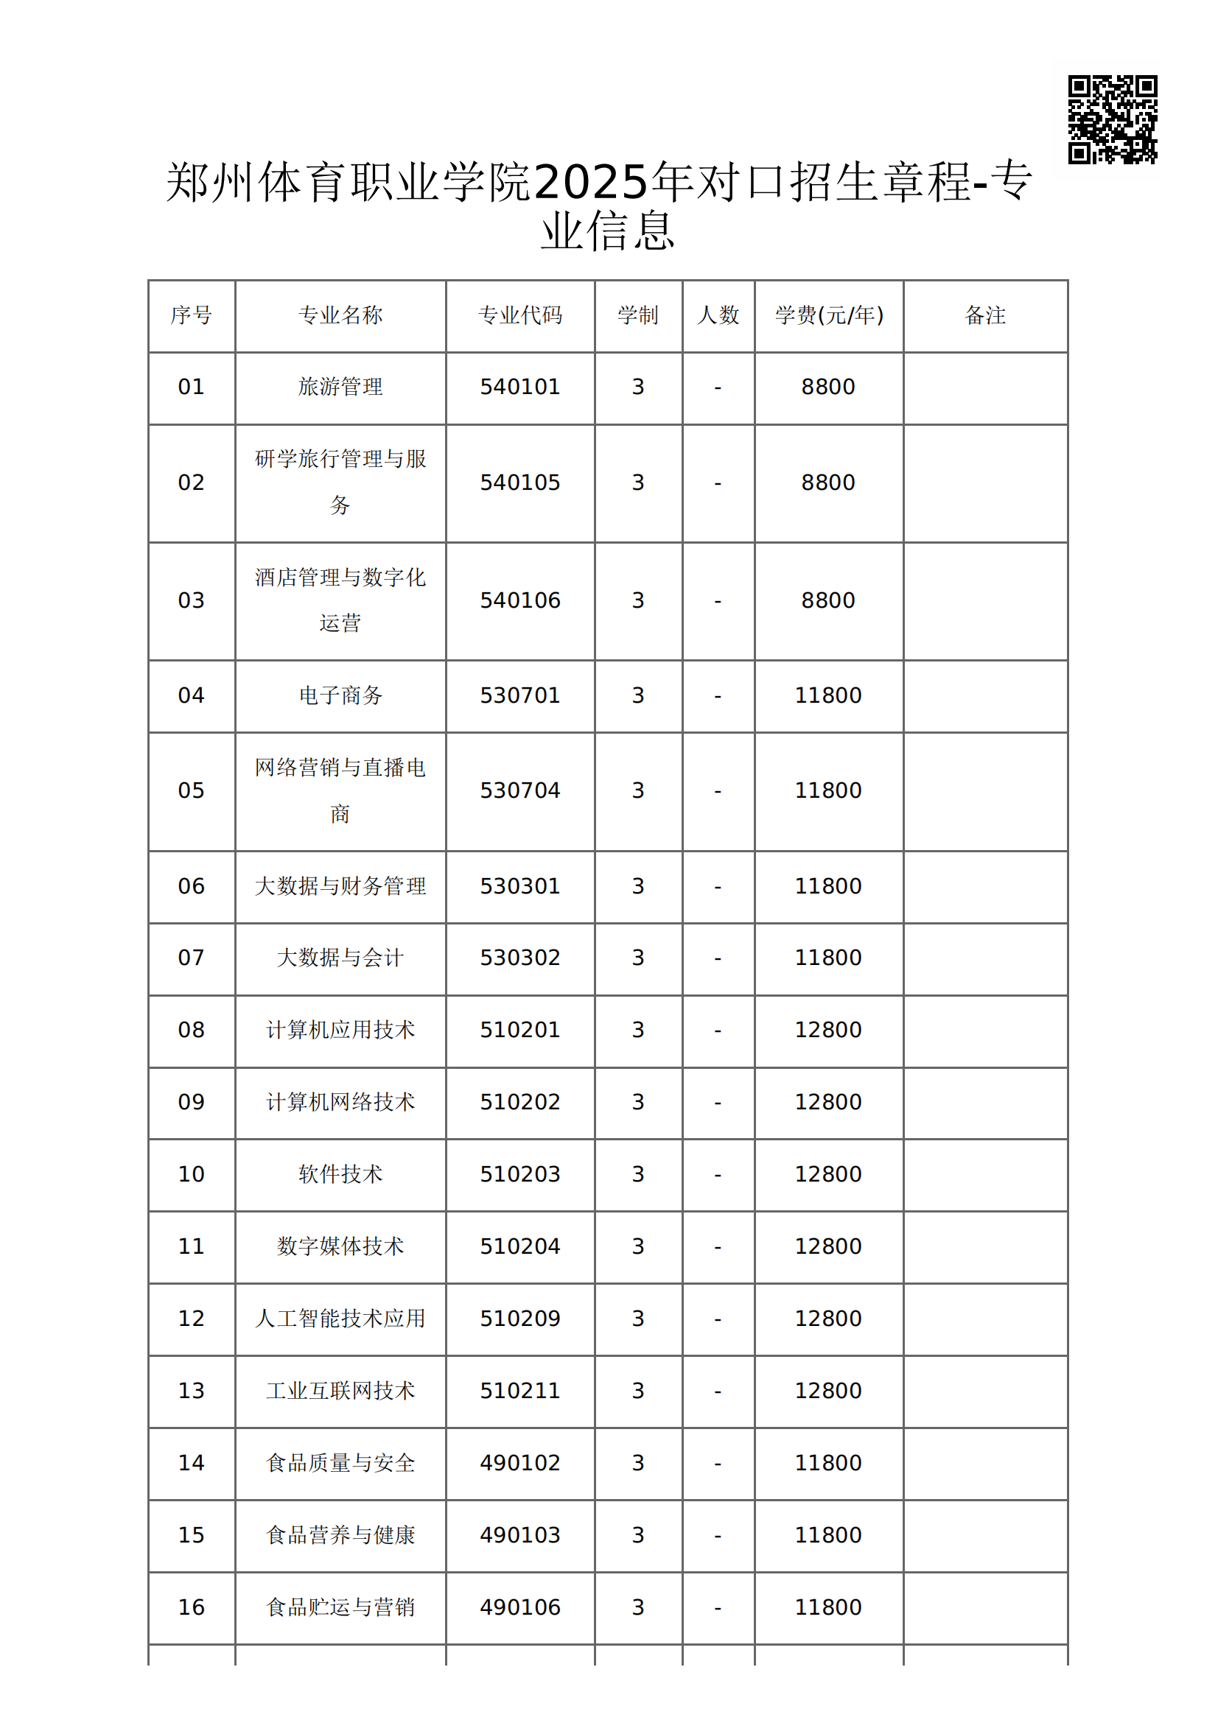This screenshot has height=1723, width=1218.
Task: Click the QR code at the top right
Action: (x=1112, y=119)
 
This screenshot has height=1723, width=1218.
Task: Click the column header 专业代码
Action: (x=520, y=315)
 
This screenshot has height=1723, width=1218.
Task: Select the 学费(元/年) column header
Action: (x=828, y=315)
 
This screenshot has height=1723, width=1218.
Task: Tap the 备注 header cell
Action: (x=984, y=315)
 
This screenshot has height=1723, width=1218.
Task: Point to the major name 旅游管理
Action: (x=340, y=387)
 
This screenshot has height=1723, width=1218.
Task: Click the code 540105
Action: (x=520, y=482)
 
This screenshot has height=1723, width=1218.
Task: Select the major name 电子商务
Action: (x=340, y=695)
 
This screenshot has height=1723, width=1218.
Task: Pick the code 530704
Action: (x=520, y=791)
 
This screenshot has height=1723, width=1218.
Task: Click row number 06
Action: (x=192, y=886)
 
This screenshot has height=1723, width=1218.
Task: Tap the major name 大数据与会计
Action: (x=340, y=958)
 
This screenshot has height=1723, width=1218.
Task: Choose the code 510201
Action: (x=520, y=1031)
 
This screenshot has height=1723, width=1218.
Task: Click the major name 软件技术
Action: (x=340, y=1174)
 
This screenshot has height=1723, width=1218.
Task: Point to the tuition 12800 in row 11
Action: (x=828, y=1246)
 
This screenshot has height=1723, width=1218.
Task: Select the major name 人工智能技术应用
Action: (x=340, y=1319)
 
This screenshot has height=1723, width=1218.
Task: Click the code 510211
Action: (x=520, y=1391)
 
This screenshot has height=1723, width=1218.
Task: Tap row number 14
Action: (x=192, y=1463)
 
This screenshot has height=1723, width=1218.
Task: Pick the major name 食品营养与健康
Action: (x=340, y=1534)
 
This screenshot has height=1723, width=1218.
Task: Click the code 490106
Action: (x=520, y=1607)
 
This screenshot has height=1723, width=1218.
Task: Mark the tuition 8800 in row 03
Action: (x=828, y=600)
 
